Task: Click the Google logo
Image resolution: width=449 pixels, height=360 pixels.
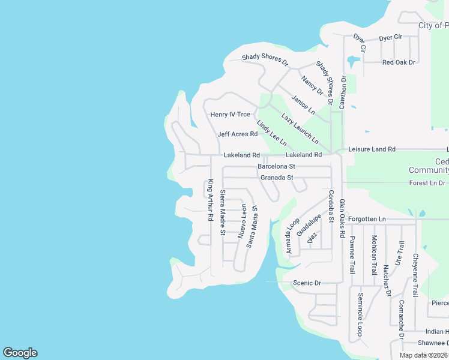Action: click(20, 353)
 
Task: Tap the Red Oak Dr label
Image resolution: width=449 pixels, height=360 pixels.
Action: click(399, 62)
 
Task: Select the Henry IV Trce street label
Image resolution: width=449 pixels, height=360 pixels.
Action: click(230, 115)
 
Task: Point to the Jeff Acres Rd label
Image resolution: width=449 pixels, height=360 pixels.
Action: click(237, 134)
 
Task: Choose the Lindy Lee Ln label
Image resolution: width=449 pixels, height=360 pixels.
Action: click(271, 134)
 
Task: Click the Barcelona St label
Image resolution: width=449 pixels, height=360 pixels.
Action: click(276, 166)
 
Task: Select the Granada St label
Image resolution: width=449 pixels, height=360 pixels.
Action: click(277, 178)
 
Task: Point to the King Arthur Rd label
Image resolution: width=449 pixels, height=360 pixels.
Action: click(211, 201)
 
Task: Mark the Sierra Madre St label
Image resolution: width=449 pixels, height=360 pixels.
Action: click(222, 212)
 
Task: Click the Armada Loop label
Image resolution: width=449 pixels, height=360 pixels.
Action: click(292, 235)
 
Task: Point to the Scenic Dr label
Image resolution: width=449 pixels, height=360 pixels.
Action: click(307, 283)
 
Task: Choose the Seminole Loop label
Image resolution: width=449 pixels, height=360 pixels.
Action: click(361, 313)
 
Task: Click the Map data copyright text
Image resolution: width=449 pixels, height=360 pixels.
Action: click(424, 355)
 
